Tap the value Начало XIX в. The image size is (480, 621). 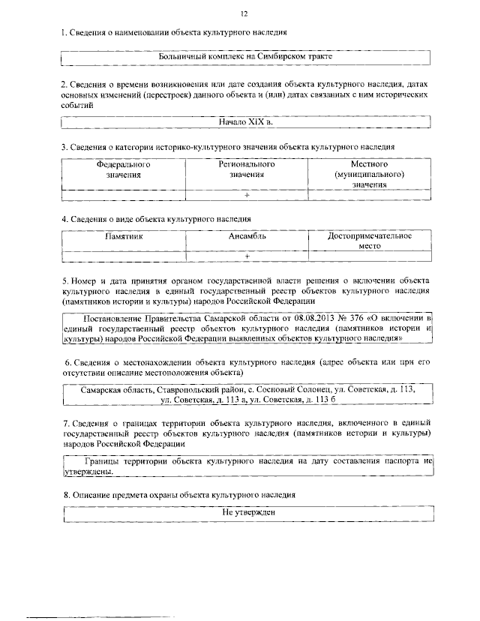(x=245, y=121)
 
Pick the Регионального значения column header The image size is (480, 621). (x=247, y=169)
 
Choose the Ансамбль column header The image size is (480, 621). (x=247, y=235)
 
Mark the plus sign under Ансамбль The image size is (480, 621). (x=246, y=256)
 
